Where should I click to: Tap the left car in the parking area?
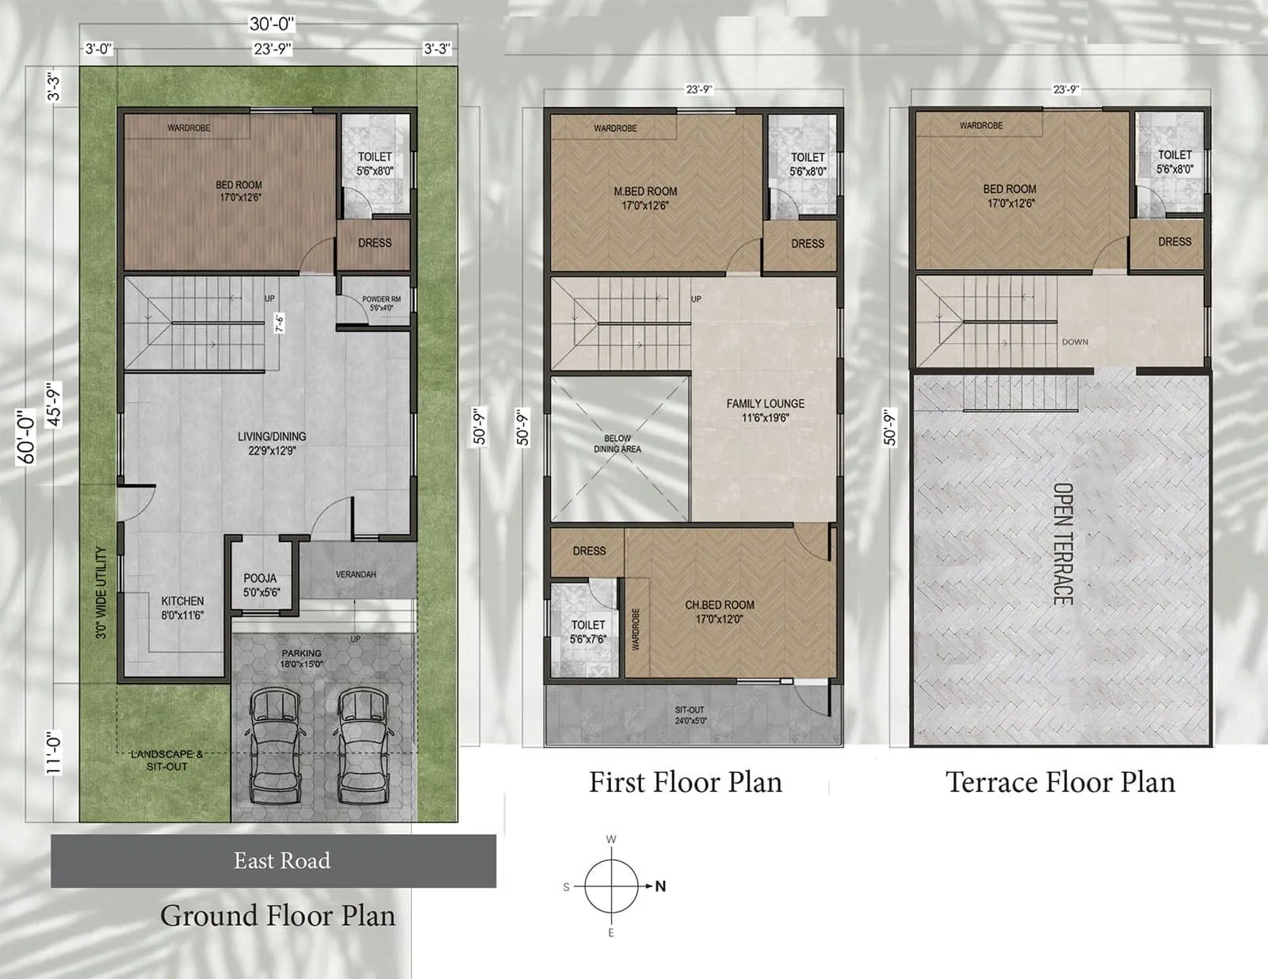(275, 745)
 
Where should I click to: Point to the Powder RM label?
(381, 303)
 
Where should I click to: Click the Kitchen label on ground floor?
(182, 608)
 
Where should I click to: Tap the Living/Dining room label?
(272, 443)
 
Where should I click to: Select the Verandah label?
(356, 574)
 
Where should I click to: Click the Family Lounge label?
(765, 410)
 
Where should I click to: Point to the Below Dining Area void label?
(617, 444)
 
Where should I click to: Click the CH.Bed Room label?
(720, 611)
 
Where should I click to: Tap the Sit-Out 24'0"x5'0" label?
(689, 715)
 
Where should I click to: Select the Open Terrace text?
(1063, 543)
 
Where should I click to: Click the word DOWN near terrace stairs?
(1075, 342)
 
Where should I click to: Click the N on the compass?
(660, 886)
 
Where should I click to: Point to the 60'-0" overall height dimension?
(27, 436)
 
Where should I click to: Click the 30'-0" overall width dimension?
(272, 25)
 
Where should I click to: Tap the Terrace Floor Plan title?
(1060, 783)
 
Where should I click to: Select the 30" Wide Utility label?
(101, 592)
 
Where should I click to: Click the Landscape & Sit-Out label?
(166, 760)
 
